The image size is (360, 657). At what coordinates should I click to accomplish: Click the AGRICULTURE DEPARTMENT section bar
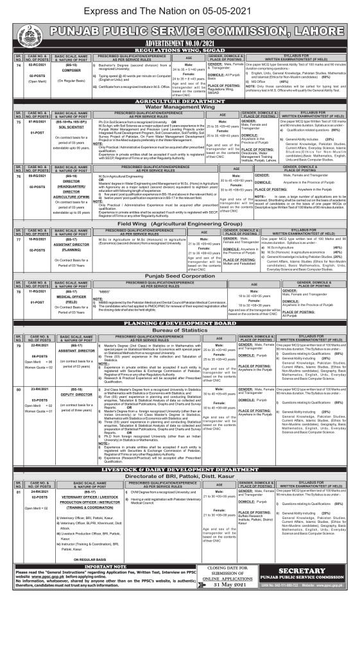pos(179,108)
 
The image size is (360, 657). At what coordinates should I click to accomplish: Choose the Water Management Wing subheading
pos(179,114)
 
